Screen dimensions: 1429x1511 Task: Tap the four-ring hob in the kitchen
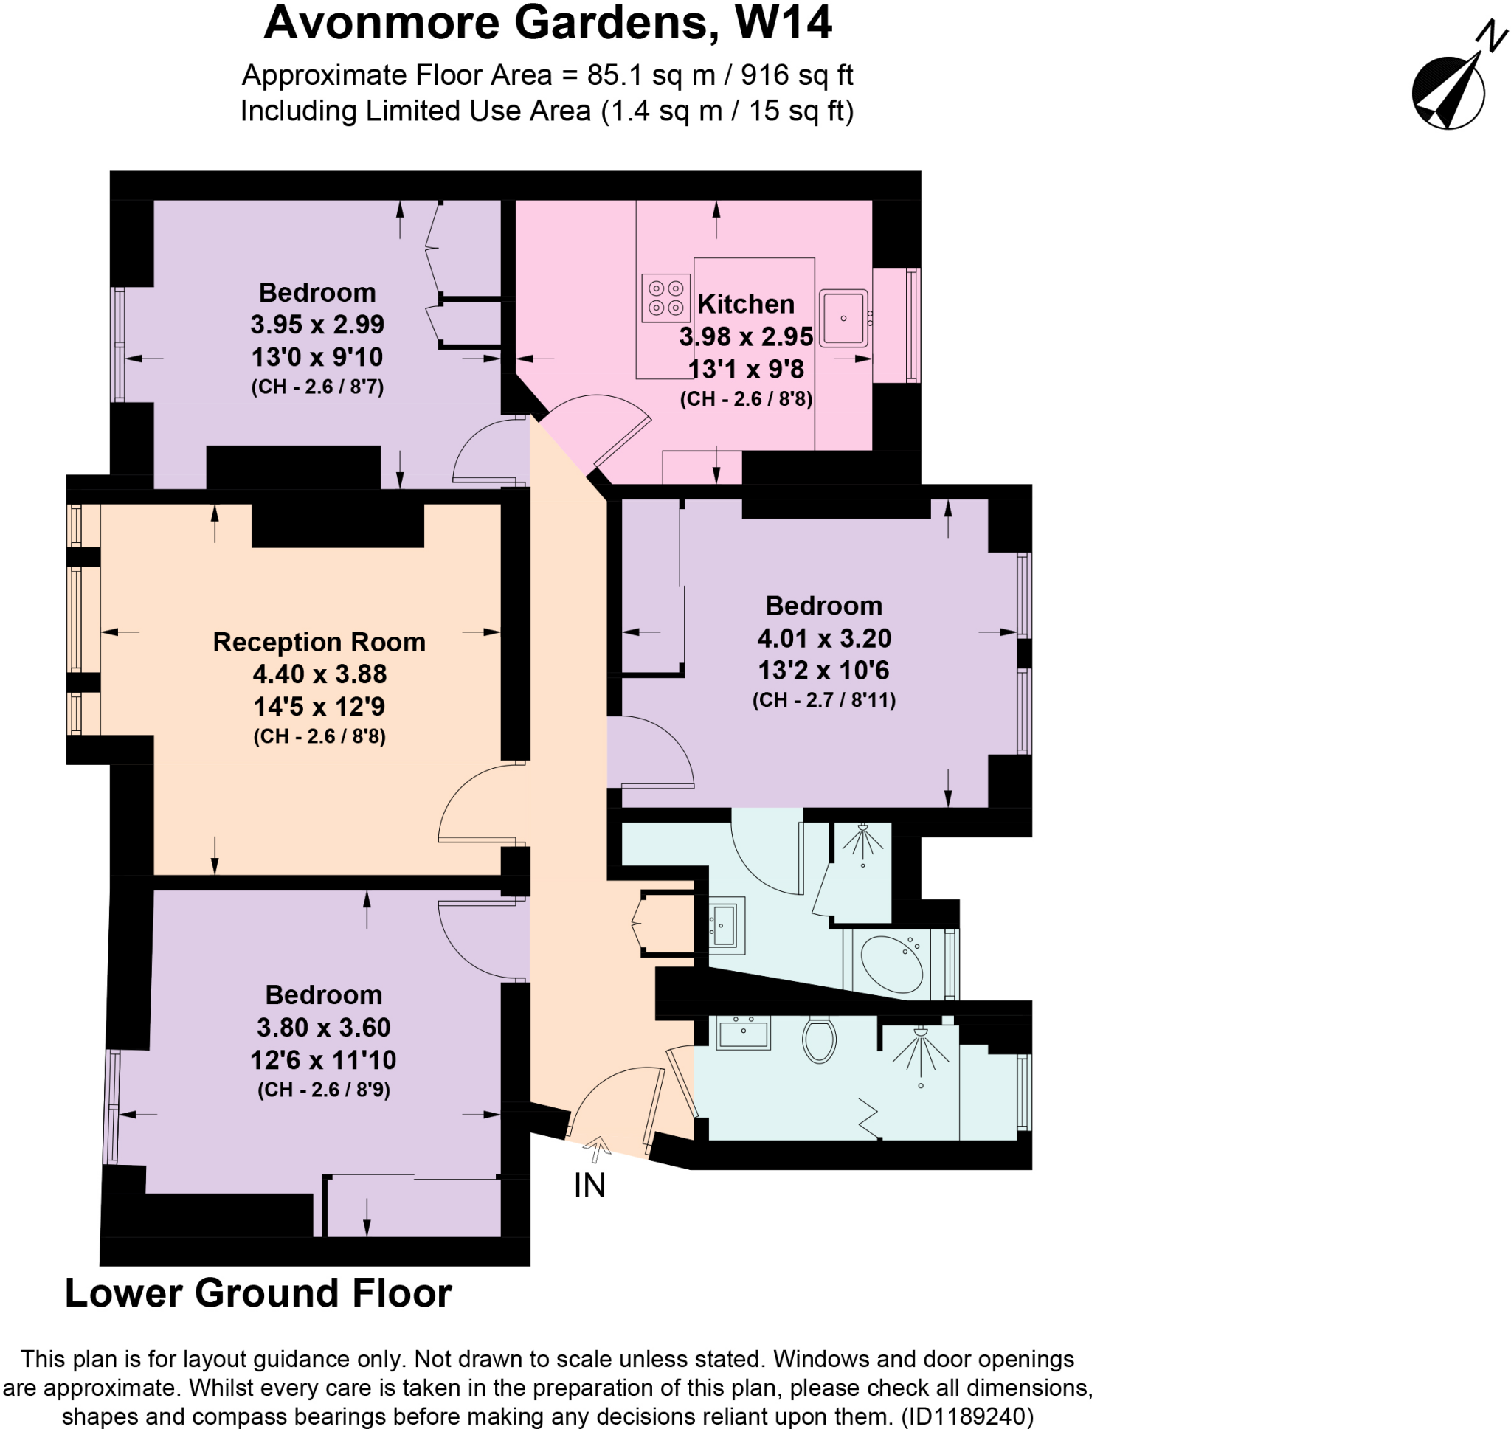pyautogui.click(x=665, y=298)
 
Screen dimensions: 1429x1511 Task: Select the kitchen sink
pyautogui.click(x=843, y=319)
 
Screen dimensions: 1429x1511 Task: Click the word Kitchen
pyautogui.click(x=746, y=304)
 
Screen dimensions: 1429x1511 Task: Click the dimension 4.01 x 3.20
pyautogui.click(x=823, y=637)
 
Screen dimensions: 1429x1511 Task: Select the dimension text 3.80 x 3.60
pyautogui.click(x=323, y=1027)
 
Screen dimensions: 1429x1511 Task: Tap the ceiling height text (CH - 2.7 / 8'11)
pyautogui.click(x=823, y=700)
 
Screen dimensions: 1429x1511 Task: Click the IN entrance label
pyautogui.click(x=589, y=1186)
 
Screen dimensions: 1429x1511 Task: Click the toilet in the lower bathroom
pyautogui.click(x=819, y=1039)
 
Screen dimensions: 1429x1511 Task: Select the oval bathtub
pyautogui.click(x=891, y=964)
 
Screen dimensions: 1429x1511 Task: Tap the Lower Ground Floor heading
pyautogui.click(x=258, y=1293)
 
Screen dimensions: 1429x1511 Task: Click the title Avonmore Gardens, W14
pyautogui.click(x=547, y=23)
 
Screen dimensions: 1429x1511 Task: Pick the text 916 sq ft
pyautogui.click(x=797, y=75)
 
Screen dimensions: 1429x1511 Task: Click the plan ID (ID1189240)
pyautogui.click(x=967, y=1416)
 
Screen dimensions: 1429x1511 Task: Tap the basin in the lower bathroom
pyautogui.click(x=743, y=1034)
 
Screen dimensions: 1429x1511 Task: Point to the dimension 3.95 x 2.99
pyautogui.click(x=317, y=325)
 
